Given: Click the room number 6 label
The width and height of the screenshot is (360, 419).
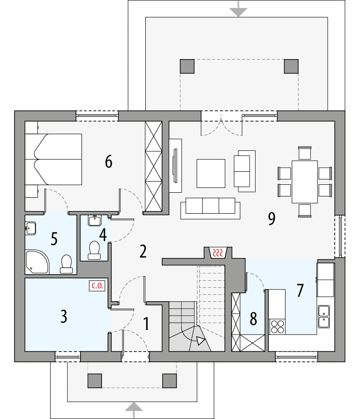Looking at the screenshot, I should pos(109,162).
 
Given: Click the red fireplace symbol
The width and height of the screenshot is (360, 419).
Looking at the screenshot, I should pos(218,253).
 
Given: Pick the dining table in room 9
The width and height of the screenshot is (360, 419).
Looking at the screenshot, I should pos(305,182).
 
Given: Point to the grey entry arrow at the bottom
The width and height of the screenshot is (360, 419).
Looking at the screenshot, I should pos(134,408).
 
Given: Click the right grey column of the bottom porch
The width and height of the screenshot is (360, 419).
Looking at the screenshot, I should pos(169,381).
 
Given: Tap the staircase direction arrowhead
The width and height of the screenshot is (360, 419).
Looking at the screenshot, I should pos(201,340).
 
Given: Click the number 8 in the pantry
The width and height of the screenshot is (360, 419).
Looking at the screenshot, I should pos(253,319).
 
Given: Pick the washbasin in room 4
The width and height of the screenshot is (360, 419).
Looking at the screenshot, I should pos(95,220).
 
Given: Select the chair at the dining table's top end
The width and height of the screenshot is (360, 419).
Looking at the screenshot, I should pos(305,153).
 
